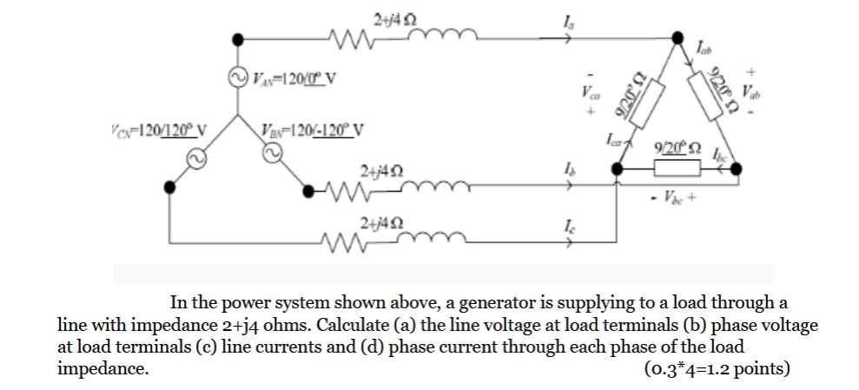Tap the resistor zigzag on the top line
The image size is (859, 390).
353,37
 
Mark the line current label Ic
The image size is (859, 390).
568,223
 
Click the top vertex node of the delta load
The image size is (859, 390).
677,37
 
